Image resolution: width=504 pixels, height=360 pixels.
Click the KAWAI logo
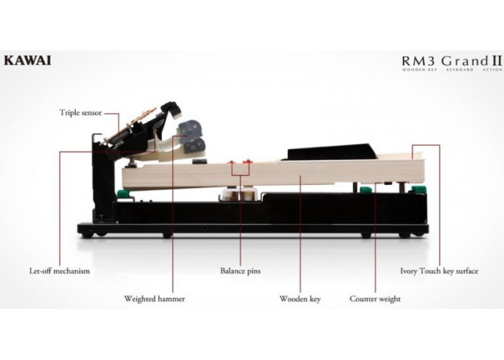27,60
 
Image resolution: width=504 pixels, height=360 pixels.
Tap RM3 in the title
420,60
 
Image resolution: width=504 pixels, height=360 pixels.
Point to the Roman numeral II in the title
496,60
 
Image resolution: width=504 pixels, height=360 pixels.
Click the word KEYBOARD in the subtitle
459,69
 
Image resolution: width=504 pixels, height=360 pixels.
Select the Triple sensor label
81,113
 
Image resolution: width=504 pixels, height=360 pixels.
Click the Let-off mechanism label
60,271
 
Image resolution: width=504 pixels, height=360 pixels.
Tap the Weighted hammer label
155,299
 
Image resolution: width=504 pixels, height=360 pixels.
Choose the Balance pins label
240,271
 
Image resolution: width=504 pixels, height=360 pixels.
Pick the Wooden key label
300,299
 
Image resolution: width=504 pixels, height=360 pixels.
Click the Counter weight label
375,299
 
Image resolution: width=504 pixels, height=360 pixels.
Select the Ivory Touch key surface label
439,271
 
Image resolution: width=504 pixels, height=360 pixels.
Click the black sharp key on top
331,152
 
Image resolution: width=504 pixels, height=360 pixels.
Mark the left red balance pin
231,162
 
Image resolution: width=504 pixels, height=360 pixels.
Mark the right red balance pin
247,162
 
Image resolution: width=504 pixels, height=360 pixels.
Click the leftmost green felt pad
122,194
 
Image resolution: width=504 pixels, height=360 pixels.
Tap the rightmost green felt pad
417,189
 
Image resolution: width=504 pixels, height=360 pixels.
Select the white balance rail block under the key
240,195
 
